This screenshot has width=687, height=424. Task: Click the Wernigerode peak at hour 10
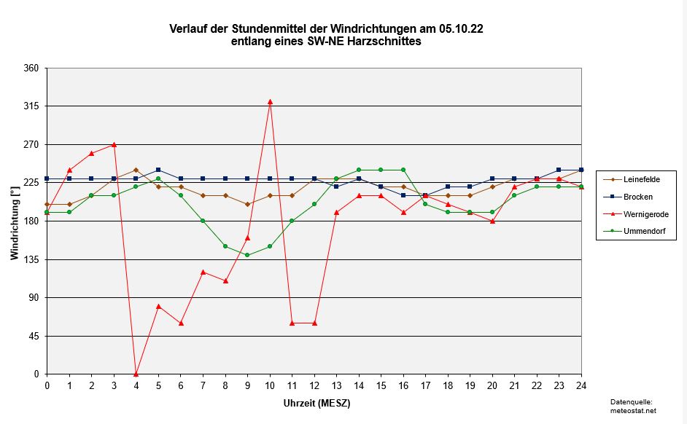[x=270, y=102]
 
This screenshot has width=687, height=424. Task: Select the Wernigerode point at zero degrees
[x=136, y=374]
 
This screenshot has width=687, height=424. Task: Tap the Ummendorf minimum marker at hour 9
[x=247, y=255]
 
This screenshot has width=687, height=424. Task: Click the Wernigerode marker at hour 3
[x=114, y=145]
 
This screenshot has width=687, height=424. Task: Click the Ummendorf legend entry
[x=634, y=232]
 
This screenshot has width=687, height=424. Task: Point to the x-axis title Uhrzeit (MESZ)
[x=314, y=402]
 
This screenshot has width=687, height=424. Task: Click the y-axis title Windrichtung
[x=15, y=221]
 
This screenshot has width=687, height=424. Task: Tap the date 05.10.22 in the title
[x=461, y=29]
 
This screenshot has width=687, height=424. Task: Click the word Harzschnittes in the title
[x=384, y=42]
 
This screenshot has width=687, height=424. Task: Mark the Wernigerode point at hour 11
[x=292, y=323]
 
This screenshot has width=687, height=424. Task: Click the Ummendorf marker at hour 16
[x=403, y=170]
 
